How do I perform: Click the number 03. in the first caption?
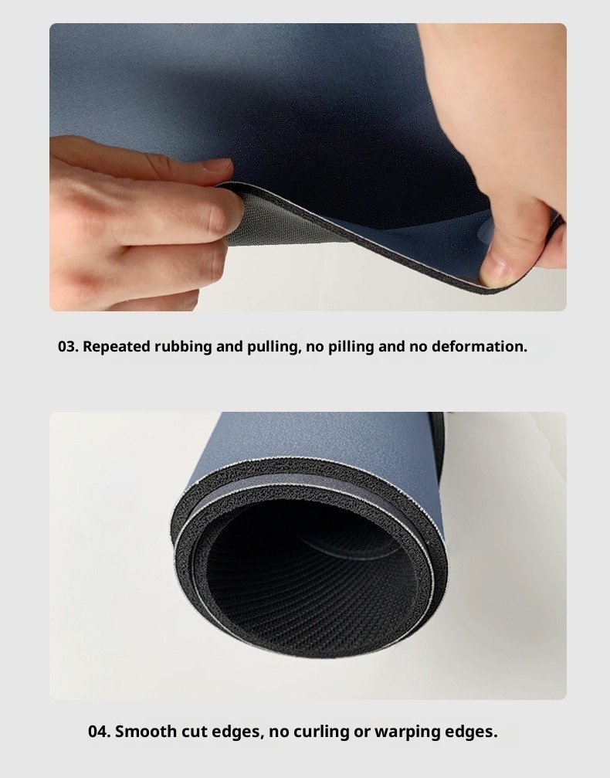coord(68,346)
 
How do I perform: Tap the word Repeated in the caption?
coord(117,347)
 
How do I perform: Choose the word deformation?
coord(480,346)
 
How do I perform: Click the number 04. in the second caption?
coord(99,732)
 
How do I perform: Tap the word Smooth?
coord(146,732)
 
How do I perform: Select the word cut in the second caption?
coord(194,732)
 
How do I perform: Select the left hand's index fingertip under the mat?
coord(224,218)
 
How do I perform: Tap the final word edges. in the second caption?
coord(471,732)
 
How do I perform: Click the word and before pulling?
coord(229,346)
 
